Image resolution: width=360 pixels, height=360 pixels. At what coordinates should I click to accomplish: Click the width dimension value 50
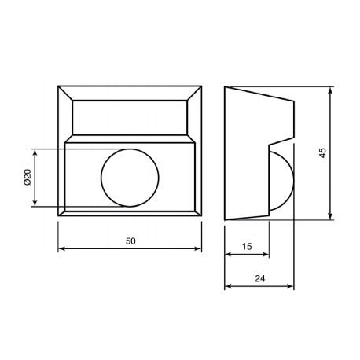130,242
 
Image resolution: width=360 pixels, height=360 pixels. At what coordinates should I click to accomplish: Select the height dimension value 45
322,152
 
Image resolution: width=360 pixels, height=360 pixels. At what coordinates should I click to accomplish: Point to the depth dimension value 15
247,246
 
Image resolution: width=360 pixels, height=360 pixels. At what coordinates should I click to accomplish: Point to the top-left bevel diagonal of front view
65,93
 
